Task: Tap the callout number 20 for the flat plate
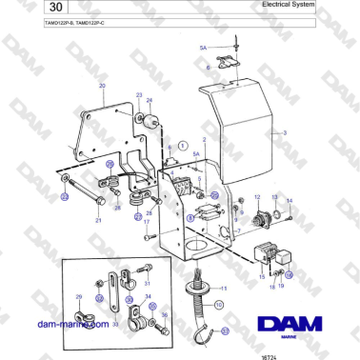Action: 102,86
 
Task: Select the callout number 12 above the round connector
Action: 256,195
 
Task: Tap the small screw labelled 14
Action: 290,216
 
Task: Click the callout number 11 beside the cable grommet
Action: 225,288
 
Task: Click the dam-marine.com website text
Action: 74,324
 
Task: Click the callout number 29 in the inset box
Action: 78,298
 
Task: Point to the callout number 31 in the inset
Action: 146,282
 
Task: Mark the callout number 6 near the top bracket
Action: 209,69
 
